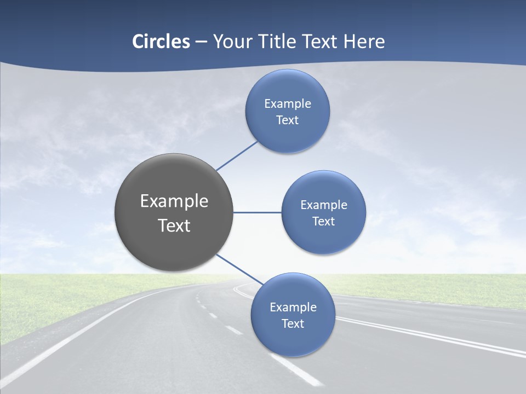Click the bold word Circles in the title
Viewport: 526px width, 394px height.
coord(161,42)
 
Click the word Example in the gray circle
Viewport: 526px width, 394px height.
coord(174,201)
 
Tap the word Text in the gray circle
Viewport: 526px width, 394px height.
coord(174,225)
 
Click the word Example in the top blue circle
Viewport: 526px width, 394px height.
coord(288,104)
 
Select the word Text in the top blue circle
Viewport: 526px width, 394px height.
coord(287,120)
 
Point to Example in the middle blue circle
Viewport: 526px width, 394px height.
coord(324,205)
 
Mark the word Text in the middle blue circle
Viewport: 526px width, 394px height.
coord(323,222)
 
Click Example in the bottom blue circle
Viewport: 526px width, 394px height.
coord(293,308)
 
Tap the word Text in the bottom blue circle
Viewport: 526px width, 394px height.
coord(293,324)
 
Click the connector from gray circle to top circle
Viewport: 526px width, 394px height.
coord(237,155)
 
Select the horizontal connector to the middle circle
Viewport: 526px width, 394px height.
coord(257,212)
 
